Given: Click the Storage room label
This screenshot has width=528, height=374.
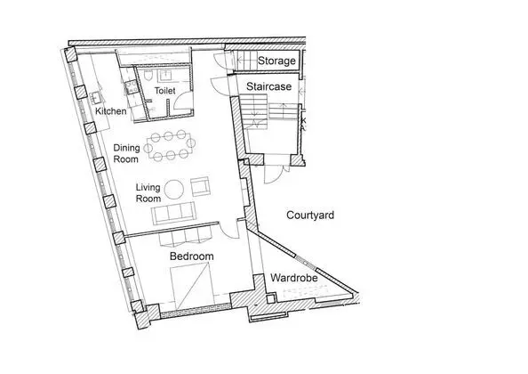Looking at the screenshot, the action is [x=276, y=61].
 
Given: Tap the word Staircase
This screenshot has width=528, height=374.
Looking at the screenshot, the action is [x=268, y=86].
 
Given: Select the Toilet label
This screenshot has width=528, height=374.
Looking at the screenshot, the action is [x=164, y=91].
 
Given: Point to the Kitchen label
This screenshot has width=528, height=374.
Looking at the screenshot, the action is [x=111, y=111].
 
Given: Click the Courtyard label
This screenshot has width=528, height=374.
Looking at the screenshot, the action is [x=310, y=215].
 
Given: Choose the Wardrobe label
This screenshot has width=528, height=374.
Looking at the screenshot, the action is [x=294, y=278].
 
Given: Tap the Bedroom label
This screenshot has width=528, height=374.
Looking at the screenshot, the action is [x=192, y=256].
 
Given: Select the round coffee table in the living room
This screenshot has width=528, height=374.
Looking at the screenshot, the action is [x=174, y=190].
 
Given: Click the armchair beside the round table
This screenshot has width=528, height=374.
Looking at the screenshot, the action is [x=200, y=186].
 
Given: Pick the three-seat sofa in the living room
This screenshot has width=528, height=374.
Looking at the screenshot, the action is [x=173, y=213].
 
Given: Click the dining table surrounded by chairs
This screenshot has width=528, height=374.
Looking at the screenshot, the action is [x=171, y=146].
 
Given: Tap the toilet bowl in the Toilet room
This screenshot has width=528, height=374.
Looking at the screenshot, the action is [x=148, y=76].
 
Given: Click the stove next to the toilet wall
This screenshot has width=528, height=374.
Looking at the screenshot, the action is [x=131, y=86].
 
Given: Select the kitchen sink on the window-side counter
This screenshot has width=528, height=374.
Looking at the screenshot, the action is [x=96, y=98].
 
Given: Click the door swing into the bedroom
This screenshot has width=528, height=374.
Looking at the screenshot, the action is [x=230, y=230].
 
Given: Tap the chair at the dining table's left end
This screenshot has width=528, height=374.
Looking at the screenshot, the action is [x=148, y=148].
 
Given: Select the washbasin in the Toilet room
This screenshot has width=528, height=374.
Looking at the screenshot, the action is [x=165, y=76].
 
